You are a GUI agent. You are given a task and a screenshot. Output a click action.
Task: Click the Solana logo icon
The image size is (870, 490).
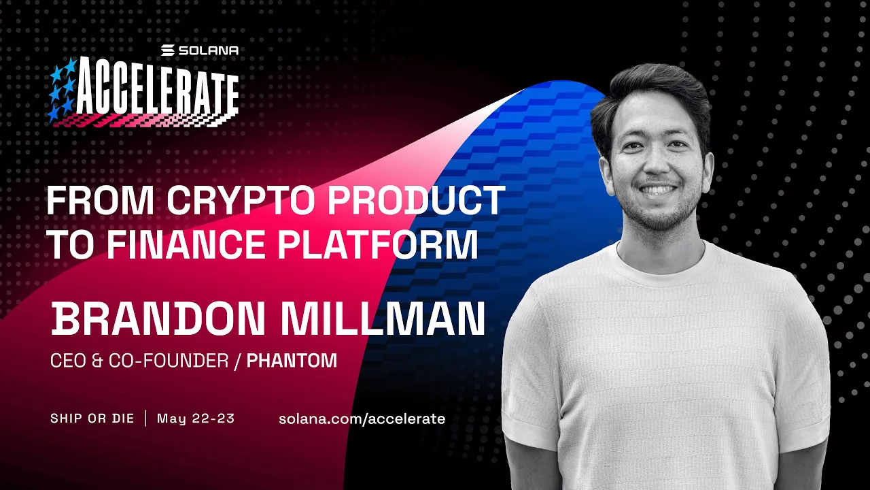(x=168, y=50)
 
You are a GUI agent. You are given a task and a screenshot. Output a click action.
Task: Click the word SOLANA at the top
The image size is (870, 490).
(x=208, y=50)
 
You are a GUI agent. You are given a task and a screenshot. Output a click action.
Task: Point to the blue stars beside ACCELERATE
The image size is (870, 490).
(x=62, y=89)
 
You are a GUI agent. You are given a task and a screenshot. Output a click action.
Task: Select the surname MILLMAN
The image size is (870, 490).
(x=380, y=319)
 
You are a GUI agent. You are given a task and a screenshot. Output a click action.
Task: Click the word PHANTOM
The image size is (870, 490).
(x=292, y=361)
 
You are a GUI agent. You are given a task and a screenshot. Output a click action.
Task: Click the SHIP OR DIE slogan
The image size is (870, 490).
(x=92, y=418)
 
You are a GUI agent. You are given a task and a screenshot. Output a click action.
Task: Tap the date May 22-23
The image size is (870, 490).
(x=196, y=418)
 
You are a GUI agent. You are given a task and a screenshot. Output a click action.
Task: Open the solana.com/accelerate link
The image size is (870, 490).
(x=362, y=419)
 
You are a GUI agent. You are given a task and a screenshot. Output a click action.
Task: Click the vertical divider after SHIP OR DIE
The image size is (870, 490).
(x=145, y=418)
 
